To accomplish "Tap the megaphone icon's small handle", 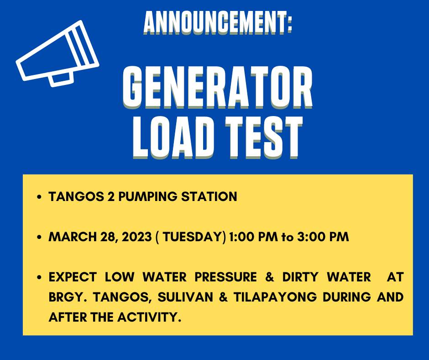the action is [61, 79].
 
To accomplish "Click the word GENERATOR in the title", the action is [218, 87].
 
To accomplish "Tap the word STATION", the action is [209, 197].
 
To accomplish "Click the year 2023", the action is [136, 237].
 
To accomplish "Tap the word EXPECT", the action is [73, 277].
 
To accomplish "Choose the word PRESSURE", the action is [226, 277].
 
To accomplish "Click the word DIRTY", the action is [300, 277].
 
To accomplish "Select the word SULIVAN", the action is [185, 297].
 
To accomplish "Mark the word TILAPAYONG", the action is [275, 297].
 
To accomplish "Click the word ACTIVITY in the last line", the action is [149, 317].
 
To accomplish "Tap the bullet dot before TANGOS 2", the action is [40, 197].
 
